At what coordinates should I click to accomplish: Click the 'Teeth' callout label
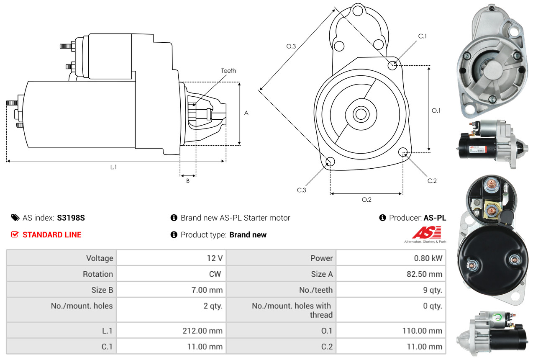228,71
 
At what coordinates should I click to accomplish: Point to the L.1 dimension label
113,167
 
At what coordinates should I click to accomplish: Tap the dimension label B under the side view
188,181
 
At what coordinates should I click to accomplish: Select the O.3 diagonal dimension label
291,46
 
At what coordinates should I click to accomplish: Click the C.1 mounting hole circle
392,65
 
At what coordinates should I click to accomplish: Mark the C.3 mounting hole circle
330,162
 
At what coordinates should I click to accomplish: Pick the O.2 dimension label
366,200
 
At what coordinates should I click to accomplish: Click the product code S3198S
71,218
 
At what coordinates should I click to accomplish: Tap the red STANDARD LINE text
52,235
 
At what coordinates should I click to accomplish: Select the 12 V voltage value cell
215,258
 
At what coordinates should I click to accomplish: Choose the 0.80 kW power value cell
428,258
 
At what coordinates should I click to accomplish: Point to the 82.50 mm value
424,274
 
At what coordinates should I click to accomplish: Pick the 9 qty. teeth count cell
432,290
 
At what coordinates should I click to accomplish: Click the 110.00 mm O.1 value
423,331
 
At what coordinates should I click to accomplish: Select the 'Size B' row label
102,290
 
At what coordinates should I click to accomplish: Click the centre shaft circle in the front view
359,113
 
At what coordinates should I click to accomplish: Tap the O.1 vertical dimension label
436,111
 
